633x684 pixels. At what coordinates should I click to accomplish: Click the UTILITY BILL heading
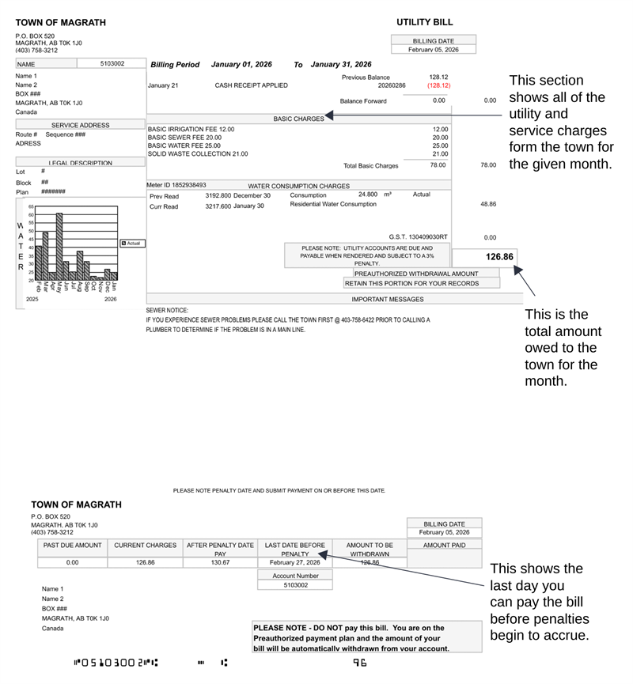[424, 22]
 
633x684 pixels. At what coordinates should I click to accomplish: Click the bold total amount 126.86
[499, 257]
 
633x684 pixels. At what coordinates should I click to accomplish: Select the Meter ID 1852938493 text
[176, 185]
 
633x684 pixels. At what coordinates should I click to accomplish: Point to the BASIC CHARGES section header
[298, 119]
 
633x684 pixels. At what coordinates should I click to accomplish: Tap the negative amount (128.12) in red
[438, 85]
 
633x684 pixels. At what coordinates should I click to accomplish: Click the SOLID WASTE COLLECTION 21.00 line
[198, 154]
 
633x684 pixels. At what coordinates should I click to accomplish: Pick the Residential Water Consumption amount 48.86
[488, 204]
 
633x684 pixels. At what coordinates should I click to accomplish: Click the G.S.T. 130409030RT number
[418, 236]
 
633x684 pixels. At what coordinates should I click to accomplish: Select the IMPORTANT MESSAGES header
[387, 299]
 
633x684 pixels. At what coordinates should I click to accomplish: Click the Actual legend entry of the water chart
[131, 243]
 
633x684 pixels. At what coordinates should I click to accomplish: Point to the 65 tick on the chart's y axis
[31, 206]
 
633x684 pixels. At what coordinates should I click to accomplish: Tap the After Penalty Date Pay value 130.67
[220, 562]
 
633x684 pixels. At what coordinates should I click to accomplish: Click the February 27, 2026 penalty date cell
[294, 562]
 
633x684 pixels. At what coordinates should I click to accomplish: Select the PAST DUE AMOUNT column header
[72, 546]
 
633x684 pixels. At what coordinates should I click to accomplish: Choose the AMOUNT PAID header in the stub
[444, 546]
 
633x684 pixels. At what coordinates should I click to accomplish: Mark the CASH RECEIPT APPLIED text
[251, 85]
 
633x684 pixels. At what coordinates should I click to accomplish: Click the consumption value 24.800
[367, 194]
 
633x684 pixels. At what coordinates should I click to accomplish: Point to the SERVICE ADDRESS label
[80, 125]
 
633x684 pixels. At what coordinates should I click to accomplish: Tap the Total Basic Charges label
[371, 166]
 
